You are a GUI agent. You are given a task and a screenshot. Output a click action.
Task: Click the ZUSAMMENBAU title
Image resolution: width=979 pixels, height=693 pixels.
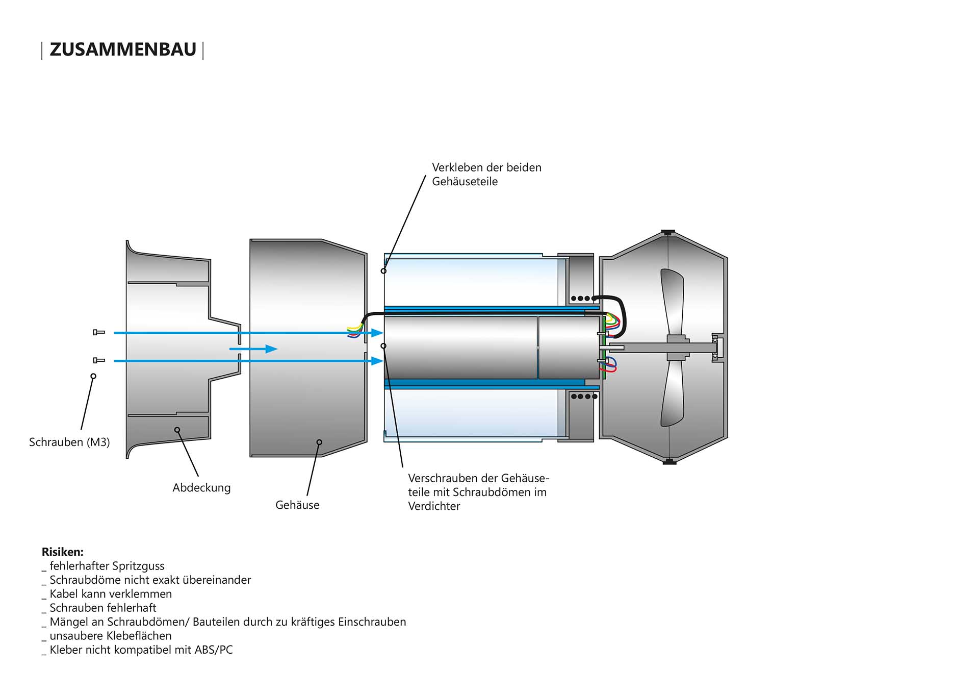point(122,49)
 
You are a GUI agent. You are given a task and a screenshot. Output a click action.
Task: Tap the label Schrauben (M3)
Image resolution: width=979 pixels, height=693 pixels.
point(69,442)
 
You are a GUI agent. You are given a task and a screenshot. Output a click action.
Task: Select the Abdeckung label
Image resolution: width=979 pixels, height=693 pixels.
point(201,487)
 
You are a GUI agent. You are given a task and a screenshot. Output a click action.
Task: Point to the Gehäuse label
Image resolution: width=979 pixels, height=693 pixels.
point(297,505)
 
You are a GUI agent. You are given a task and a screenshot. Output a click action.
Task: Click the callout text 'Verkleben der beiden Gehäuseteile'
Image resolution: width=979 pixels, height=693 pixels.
point(486,174)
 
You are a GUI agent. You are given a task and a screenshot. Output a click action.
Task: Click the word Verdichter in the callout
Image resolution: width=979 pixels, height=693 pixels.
point(434,506)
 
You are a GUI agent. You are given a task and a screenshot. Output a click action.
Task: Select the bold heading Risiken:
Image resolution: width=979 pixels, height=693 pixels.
point(62,552)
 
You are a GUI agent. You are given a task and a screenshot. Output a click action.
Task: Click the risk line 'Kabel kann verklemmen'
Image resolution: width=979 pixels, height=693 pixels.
point(110,594)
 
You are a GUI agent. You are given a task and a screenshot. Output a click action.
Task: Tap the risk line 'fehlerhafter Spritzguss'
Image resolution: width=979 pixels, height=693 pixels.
point(107,566)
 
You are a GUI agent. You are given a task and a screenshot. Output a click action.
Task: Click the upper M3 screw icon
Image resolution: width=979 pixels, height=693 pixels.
point(99,332)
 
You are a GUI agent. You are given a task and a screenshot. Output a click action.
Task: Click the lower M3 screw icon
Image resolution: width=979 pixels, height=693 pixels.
point(99,360)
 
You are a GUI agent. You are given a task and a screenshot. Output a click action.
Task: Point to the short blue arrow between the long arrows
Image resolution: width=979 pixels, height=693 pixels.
point(253,349)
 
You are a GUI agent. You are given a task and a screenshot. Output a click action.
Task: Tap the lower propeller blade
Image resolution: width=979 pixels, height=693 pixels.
point(673,395)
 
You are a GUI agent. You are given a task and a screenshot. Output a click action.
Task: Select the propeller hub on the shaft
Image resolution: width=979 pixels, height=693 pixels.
point(677,348)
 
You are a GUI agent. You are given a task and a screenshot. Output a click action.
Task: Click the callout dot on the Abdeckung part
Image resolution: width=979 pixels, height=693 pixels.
point(177,430)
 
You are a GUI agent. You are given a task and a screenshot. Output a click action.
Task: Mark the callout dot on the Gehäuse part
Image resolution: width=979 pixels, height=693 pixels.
point(319,442)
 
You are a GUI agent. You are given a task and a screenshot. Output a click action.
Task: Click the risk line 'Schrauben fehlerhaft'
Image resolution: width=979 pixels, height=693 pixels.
point(102,608)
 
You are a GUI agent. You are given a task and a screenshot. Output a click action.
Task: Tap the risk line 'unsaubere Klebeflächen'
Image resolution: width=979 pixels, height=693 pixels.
point(110,636)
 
